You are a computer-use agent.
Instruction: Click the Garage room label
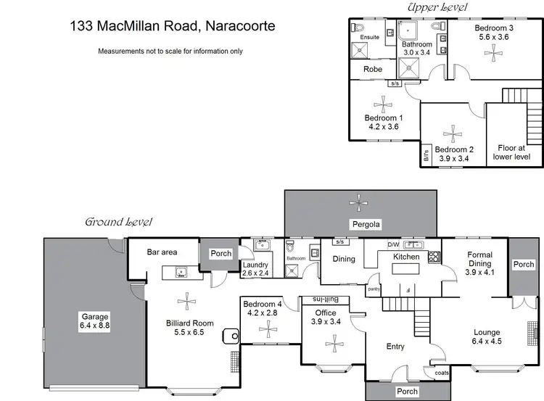95,317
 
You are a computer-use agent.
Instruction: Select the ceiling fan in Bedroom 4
268,329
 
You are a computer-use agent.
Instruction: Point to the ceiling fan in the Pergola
360,201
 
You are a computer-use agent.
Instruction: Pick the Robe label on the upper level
373,69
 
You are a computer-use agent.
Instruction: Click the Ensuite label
370,36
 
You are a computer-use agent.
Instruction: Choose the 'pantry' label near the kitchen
374,289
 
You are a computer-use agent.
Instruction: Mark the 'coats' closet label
442,373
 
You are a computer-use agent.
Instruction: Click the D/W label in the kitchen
394,244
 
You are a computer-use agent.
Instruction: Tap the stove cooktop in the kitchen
434,256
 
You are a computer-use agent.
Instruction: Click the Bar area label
162,252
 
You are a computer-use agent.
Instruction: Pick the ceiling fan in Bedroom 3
494,51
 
